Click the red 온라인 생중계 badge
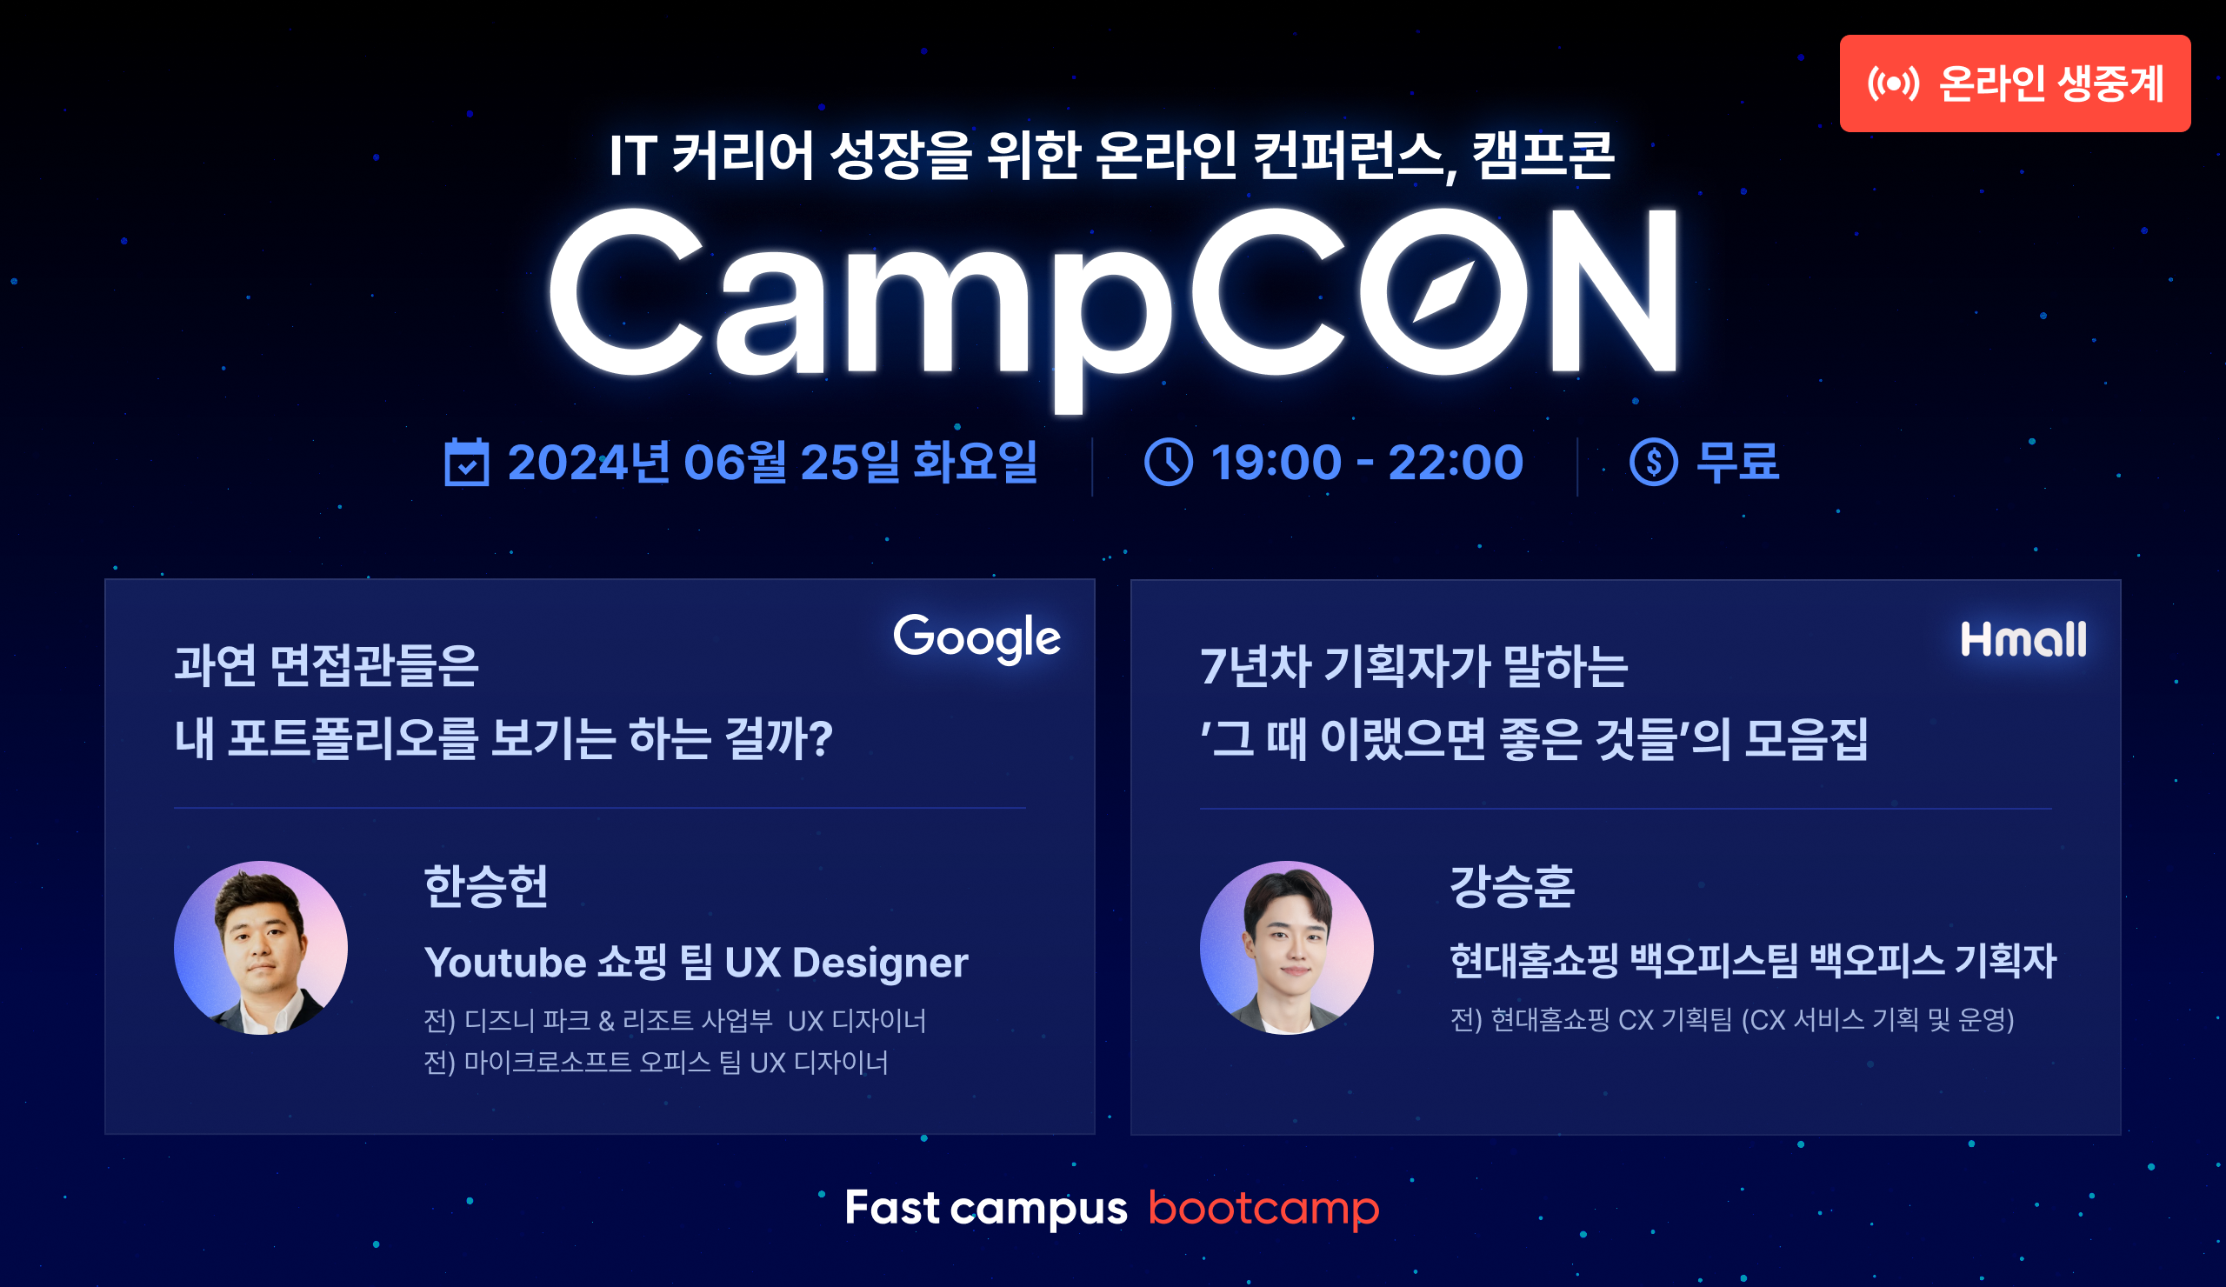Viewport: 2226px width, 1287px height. [x=2014, y=83]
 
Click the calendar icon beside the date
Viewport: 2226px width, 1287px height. [x=466, y=462]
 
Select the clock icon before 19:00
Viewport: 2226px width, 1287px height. [x=1169, y=462]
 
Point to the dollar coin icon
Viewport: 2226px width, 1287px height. [x=1653, y=462]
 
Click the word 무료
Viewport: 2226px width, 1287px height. [x=1737, y=462]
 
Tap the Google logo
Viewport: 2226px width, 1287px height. [x=976, y=637]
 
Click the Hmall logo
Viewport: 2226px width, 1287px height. [x=2023, y=639]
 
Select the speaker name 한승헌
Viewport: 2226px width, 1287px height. [x=487, y=886]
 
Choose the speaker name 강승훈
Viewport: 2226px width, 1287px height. [x=1512, y=886]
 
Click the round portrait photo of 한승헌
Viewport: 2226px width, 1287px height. [x=261, y=948]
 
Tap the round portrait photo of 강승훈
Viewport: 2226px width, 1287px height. [x=1286, y=948]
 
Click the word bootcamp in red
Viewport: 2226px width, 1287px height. [x=1263, y=1208]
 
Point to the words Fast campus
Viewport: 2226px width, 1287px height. [x=986, y=1208]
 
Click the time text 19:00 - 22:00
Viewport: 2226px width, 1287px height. [x=1367, y=462]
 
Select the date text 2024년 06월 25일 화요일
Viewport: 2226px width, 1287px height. [x=772, y=462]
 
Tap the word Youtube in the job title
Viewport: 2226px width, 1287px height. [x=505, y=962]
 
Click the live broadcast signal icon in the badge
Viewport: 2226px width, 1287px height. [x=1893, y=83]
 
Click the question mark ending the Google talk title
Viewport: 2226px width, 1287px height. [x=822, y=738]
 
